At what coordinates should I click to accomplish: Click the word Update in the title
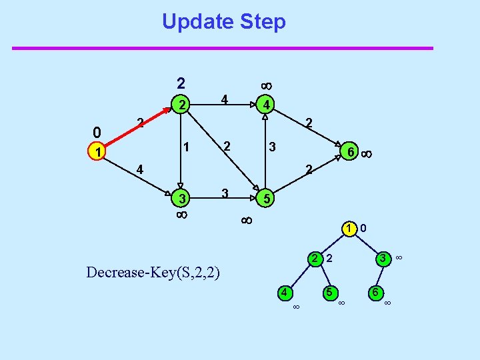click(193, 21)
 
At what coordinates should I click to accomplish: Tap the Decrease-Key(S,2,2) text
click(154, 272)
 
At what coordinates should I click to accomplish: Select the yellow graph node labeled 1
click(98, 153)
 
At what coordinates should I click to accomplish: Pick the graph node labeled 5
click(265, 199)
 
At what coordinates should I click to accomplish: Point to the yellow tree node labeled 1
click(349, 229)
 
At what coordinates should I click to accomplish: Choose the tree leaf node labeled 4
click(284, 292)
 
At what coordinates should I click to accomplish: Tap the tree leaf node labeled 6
click(376, 292)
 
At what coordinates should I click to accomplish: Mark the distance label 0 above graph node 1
click(97, 132)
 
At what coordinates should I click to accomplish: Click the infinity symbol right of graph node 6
click(366, 154)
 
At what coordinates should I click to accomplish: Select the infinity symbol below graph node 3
click(181, 215)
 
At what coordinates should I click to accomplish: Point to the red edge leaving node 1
click(137, 129)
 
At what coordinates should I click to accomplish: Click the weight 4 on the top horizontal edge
click(225, 100)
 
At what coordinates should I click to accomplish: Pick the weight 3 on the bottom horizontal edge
click(225, 193)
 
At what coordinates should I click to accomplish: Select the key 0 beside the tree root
click(363, 229)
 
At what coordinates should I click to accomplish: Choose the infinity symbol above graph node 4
click(265, 86)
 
